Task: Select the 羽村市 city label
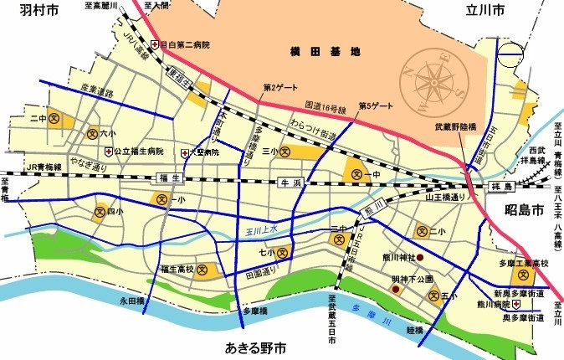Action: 27,11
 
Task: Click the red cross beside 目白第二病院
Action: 155,45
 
